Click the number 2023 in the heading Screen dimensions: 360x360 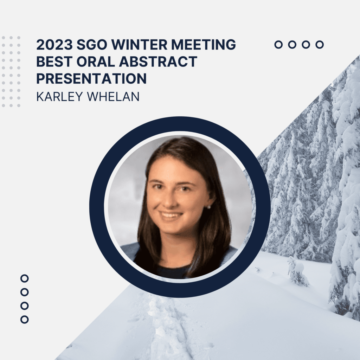click(54, 44)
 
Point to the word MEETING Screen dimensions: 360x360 click(204, 44)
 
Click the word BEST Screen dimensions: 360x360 click(54, 61)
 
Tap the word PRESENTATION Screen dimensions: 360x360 click(91, 78)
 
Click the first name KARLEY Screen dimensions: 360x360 click(59, 96)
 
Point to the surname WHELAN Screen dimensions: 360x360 click(113, 96)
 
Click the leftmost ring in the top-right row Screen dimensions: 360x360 click(278, 45)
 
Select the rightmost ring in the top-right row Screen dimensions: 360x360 click(320, 45)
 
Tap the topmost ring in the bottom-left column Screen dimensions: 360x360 click(25, 278)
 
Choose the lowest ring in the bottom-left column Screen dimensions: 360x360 click(25, 320)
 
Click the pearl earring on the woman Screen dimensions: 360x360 click(209, 207)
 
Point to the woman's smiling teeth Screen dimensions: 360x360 click(171, 216)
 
